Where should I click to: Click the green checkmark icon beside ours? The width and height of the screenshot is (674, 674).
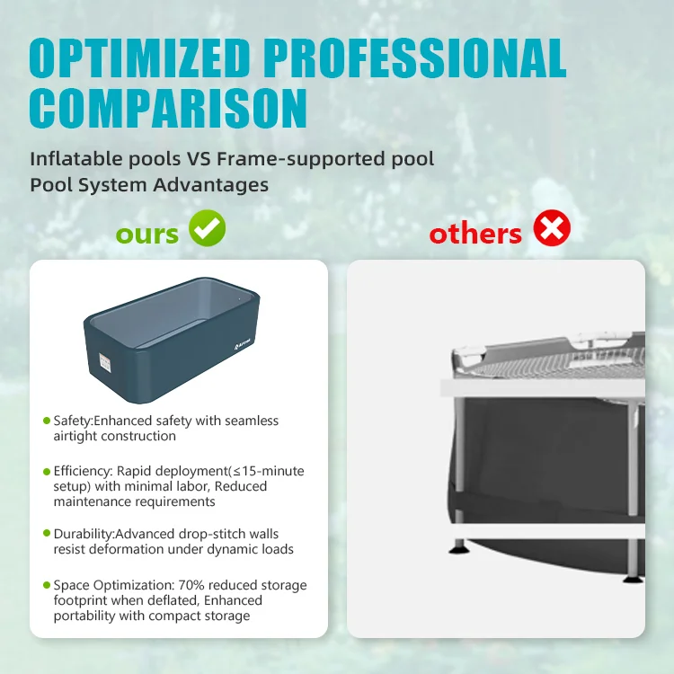(207, 230)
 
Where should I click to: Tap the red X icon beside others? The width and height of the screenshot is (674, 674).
(552, 230)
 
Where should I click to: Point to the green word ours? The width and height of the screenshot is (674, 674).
(147, 234)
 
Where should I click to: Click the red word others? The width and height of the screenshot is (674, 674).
(475, 234)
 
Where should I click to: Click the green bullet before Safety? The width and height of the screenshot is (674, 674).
(47, 421)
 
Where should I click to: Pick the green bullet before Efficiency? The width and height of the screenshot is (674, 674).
(47, 472)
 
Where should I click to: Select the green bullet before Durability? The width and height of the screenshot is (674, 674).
(47, 534)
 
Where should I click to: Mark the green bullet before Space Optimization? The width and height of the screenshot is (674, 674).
(47, 586)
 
